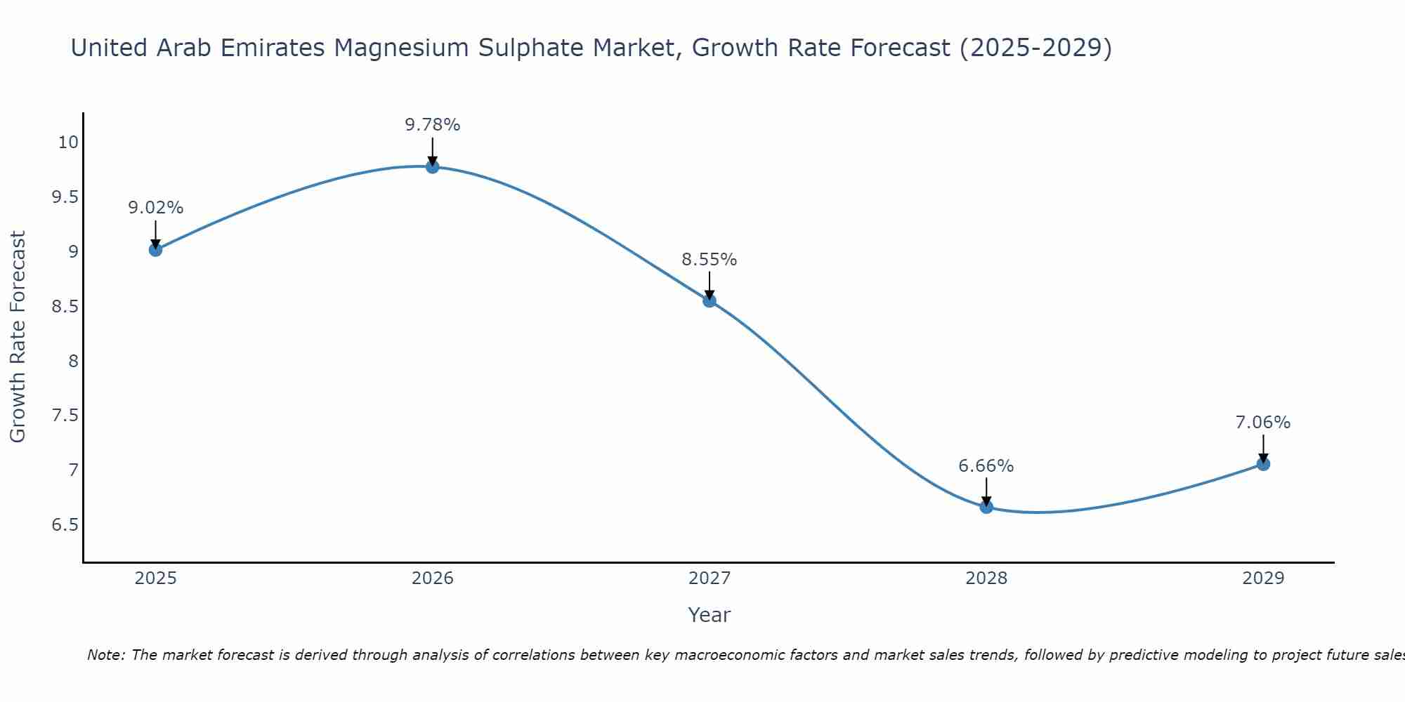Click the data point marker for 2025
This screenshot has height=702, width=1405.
155,249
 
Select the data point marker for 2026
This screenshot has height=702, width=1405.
433,166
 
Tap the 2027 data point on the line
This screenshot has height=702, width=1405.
710,300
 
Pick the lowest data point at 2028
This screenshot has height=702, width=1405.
986,507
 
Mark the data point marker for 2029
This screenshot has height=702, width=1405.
1263,463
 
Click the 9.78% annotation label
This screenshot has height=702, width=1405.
433,125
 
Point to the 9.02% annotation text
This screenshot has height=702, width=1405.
155,208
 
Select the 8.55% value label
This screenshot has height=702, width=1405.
710,260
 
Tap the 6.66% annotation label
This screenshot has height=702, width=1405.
986,466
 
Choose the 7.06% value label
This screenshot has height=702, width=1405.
1263,423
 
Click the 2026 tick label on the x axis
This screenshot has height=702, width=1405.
433,578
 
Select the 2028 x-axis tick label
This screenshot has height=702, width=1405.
986,578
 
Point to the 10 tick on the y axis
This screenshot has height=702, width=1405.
68,143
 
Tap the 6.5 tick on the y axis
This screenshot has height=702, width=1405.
65,525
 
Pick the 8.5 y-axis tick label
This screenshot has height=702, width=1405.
65,307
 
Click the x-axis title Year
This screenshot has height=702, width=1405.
710,615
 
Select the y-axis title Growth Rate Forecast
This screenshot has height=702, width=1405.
18,336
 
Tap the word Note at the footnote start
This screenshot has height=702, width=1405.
105,655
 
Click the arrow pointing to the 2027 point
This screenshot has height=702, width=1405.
710,285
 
